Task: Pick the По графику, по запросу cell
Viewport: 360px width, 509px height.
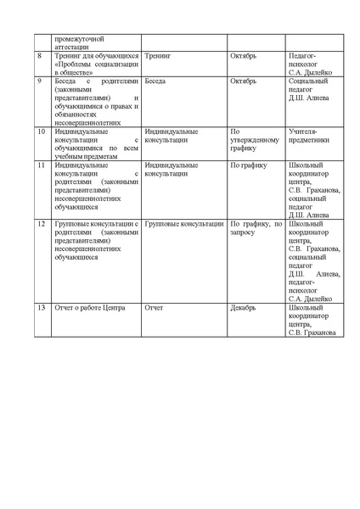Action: tap(256, 227)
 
